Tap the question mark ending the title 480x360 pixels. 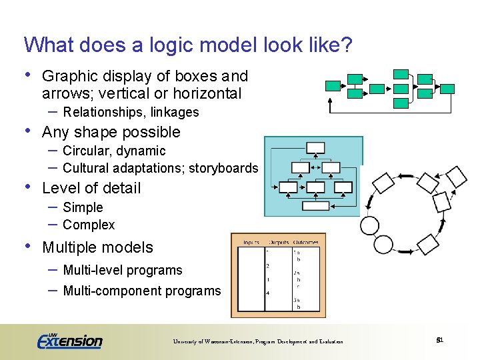tap(346, 45)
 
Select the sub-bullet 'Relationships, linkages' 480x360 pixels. tap(131, 112)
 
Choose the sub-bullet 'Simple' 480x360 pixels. tap(83, 207)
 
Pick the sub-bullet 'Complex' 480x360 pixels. tap(89, 225)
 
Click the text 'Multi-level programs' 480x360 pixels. tap(122, 270)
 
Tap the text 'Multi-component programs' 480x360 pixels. tap(141, 291)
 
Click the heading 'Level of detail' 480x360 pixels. tap(91, 188)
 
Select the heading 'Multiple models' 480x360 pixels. tap(97, 247)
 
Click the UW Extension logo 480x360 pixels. tap(69, 341)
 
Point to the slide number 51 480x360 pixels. tap(439, 341)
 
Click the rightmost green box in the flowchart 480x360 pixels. tap(448, 88)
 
